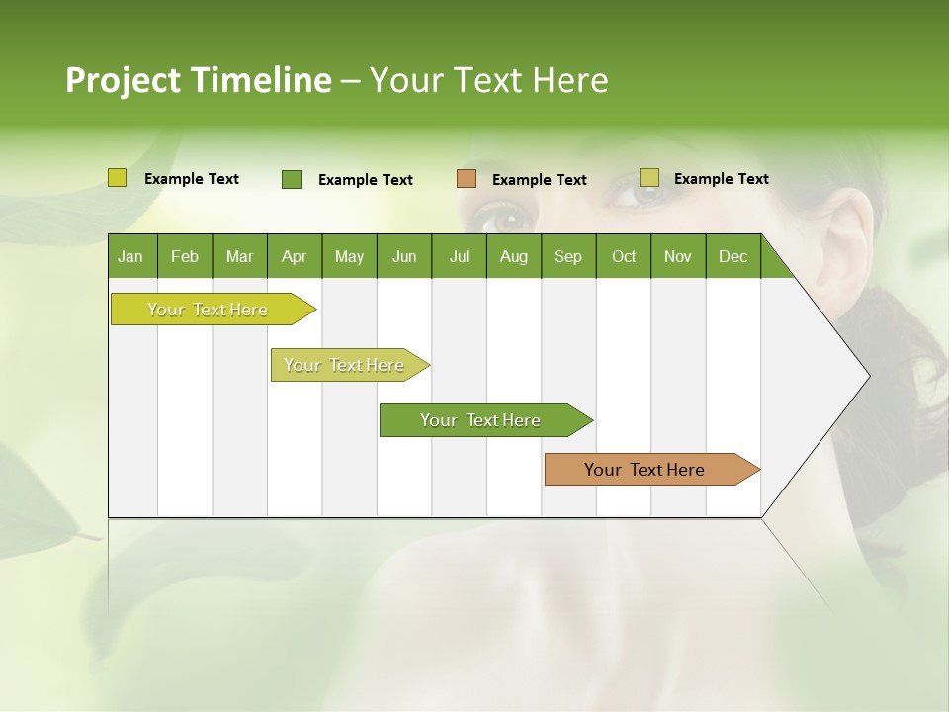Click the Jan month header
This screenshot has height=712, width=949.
click(x=130, y=256)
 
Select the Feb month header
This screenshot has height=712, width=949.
click(x=185, y=256)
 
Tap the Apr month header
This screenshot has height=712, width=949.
click(x=294, y=256)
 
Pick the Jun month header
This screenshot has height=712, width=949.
click(x=404, y=256)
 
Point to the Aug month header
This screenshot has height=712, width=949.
click(x=513, y=256)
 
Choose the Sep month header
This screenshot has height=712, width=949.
click(x=567, y=256)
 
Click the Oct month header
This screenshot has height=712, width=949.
click(x=624, y=256)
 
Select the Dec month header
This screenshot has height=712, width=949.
click(x=733, y=256)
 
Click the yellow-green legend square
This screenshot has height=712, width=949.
click(x=118, y=178)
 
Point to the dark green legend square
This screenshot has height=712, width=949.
click(x=292, y=179)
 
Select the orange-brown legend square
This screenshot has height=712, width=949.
click(x=467, y=179)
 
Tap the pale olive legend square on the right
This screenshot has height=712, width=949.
click(x=649, y=178)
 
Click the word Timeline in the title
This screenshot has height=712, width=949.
click(x=261, y=80)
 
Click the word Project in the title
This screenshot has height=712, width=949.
click(x=123, y=80)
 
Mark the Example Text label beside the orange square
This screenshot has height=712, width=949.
click(x=539, y=180)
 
